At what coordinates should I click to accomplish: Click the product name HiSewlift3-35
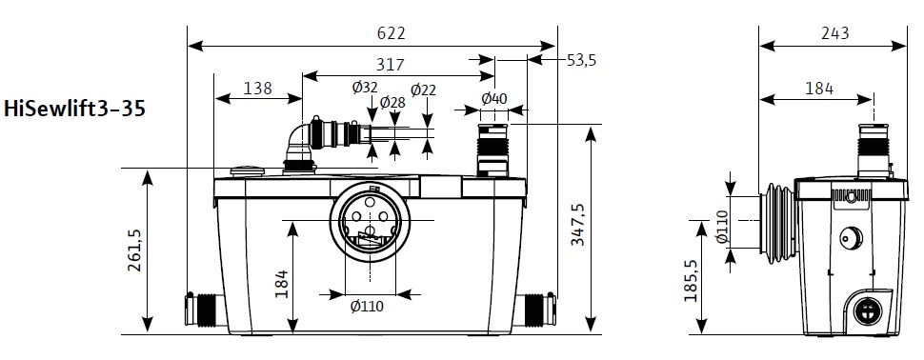point(74,109)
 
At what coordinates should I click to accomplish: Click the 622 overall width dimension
point(392,33)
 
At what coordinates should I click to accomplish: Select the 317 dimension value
point(391,64)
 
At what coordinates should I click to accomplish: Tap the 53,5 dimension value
point(581,59)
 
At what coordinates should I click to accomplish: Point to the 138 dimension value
point(257,88)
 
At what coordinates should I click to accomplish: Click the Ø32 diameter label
point(365,88)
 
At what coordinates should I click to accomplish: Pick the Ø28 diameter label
point(392,102)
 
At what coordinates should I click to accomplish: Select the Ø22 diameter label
point(424,90)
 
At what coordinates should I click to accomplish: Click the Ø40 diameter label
point(493,98)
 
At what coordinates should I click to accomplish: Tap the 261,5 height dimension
point(134,250)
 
